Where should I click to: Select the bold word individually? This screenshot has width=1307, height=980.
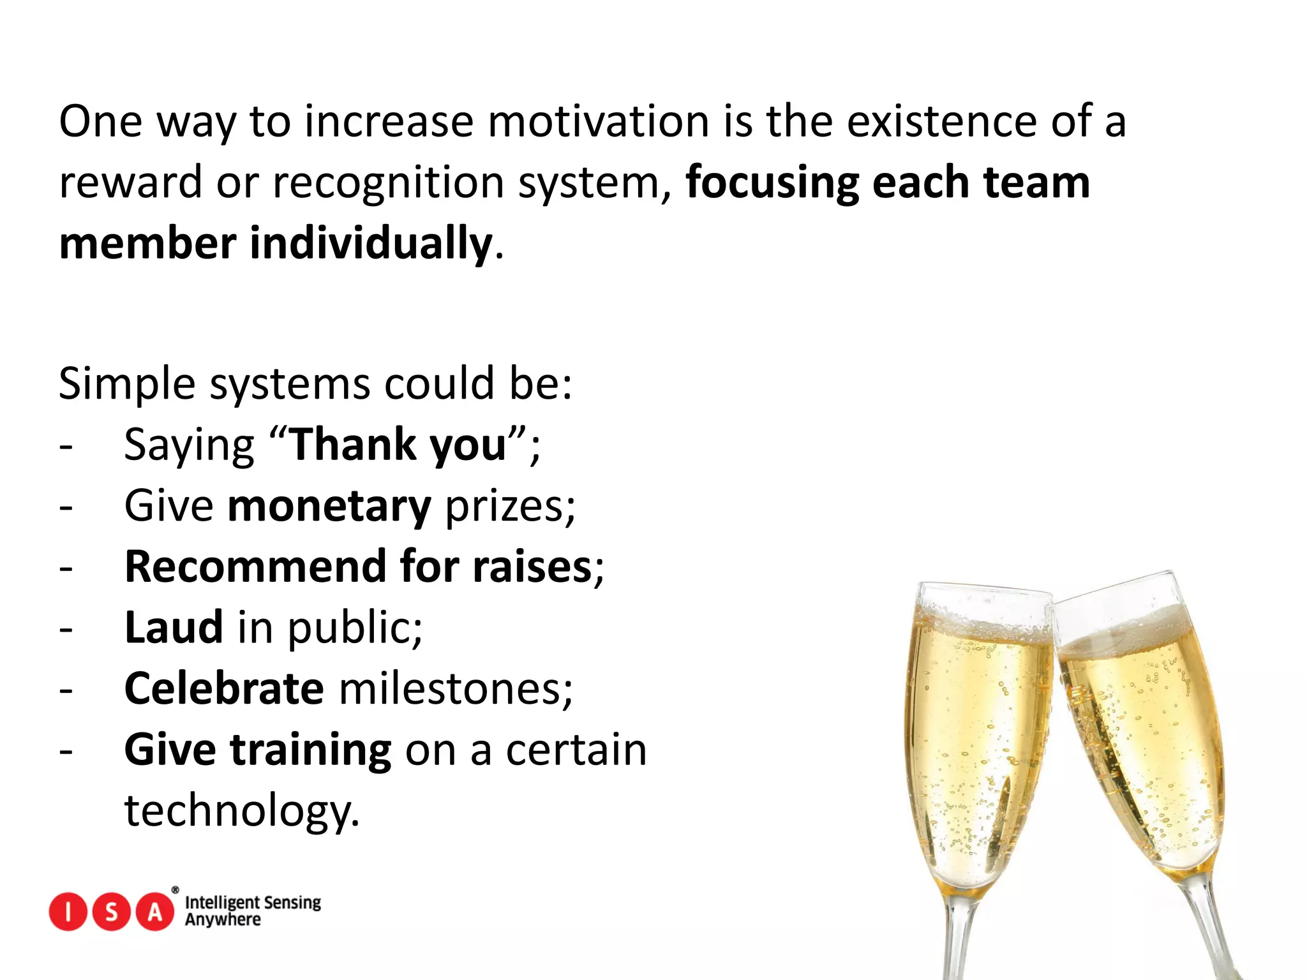pos(370,244)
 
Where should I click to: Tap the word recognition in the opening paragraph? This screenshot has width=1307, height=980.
pos(388,182)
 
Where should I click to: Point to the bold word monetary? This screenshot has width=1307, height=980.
pos(329,506)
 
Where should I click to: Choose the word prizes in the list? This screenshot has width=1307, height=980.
pos(509,507)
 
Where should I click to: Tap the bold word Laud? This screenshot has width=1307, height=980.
pos(174,628)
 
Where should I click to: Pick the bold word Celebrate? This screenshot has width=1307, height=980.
pos(224,689)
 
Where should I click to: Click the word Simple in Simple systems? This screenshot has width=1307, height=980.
pos(126,385)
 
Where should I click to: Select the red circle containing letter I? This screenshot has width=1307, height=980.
pos(67,912)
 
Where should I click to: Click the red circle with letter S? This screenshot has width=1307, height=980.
pos(112,912)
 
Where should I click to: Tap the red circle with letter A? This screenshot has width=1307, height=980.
pos(155,912)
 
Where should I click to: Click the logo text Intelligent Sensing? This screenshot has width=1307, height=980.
pos(253,902)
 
